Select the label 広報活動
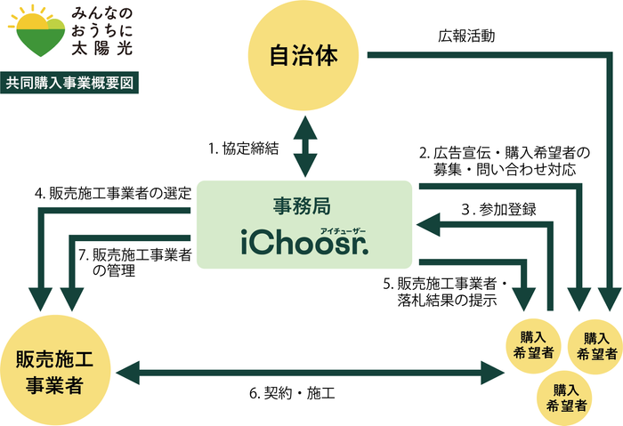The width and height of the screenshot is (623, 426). [x=466, y=37]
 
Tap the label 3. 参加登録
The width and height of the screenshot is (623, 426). [x=498, y=210]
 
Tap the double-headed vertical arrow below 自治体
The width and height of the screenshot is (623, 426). [x=304, y=145]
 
